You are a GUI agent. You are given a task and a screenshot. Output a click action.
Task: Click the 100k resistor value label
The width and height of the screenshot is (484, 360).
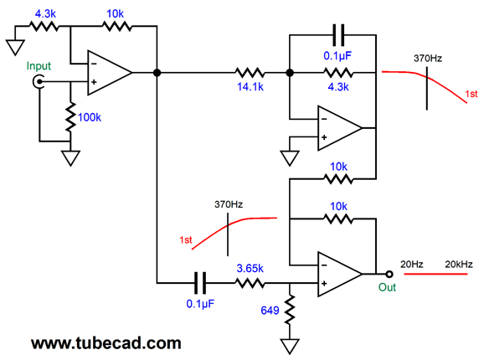coord(90,117)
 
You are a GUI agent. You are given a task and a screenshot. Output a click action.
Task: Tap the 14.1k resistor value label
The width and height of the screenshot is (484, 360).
coord(250,87)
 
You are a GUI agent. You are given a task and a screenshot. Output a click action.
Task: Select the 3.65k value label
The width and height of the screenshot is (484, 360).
coord(250,269)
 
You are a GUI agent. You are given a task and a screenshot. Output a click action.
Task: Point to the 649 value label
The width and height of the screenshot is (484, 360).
coord(270,311)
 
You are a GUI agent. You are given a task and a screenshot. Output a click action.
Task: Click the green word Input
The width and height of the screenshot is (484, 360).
coord(39,66)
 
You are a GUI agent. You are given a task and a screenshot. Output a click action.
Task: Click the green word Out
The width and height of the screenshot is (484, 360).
coord(387,287)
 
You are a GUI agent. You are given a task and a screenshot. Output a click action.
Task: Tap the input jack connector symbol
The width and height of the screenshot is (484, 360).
coord(39,82)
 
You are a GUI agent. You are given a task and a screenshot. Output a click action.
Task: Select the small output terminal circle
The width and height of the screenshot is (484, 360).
coord(389,274)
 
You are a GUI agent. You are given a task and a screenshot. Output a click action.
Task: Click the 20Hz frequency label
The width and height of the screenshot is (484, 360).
coord(412,265)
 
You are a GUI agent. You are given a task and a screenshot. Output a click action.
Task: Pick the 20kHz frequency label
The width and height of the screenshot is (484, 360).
coord(459,265)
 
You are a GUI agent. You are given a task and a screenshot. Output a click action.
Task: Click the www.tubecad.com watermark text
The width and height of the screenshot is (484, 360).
coord(106,343)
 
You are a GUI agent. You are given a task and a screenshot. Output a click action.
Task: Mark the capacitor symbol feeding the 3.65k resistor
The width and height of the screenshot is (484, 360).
coord(200,283)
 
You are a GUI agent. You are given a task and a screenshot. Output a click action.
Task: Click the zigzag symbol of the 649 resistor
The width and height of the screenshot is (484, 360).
coord(290,310)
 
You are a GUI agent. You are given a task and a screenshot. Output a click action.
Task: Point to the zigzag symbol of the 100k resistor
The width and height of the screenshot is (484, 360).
coord(70,117)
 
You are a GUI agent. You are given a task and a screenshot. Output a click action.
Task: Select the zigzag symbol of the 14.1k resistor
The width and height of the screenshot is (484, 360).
coord(250,73)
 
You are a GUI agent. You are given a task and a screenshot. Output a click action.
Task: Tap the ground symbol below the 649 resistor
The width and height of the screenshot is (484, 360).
coord(290,347)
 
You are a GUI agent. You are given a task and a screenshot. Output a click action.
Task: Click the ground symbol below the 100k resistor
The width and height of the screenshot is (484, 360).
coord(70,158)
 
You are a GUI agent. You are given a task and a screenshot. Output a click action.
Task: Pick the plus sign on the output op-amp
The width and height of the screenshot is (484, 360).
coord(324,284)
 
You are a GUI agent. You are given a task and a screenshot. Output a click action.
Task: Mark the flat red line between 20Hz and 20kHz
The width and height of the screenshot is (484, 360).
coord(435,274)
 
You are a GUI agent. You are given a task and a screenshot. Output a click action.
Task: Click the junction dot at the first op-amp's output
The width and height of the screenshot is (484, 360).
coord(157,73)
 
